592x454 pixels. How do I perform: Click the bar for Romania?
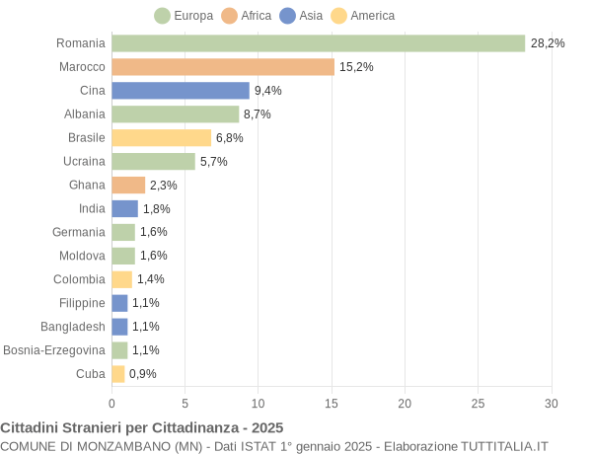click(318, 43)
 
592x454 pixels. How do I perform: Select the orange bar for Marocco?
click(223, 67)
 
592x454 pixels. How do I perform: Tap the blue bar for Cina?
click(181, 91)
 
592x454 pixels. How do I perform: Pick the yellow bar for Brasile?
click(161, 138)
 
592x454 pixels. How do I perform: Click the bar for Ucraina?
click(153, 161)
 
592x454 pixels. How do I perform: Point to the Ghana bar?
click(128, 185)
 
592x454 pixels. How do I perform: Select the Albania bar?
click(175, 114)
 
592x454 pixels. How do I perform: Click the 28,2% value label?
click(548, 43)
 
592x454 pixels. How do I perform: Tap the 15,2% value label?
click(356, 67)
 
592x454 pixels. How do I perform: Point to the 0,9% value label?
click(143, 374)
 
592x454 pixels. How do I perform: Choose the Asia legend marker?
click(288, 16)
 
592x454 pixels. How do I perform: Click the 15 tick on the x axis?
click(332, 403)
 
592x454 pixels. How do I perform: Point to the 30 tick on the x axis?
click(551, 403)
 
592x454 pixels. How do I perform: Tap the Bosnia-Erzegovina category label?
click(54, 350)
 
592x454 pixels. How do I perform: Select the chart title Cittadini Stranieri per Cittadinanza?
click(142, 427)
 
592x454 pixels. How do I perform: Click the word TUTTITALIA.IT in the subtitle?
click(496, 446)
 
